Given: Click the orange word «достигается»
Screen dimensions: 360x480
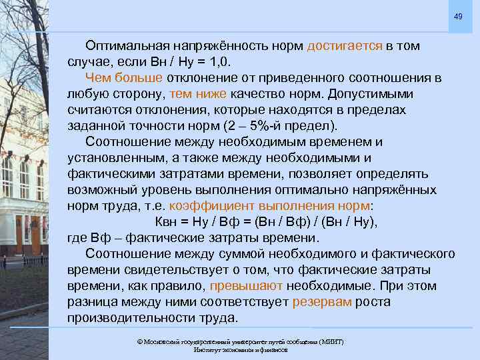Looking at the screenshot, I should pyautogui.click(x=345, y=46).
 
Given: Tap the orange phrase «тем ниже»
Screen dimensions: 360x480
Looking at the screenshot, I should pyautogui.click(x=199, y=94).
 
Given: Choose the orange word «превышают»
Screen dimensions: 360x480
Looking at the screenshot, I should pyautogui.click(x=246, y=286).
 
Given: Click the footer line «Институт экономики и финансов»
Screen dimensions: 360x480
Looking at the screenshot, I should pyautogui.click(x=240, y=349).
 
